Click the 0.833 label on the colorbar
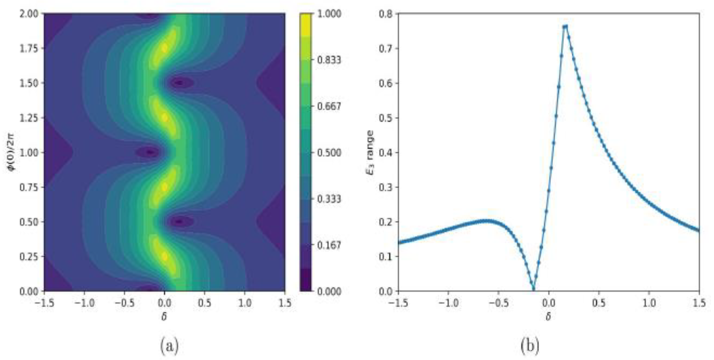[x=329, y=60]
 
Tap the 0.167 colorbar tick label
[x=329, y=245]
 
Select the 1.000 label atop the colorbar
[x=329, y=14]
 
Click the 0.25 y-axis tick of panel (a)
[x=29, y=257]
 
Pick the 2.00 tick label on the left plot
[x=29, y=14]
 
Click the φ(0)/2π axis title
[x=12, y=152]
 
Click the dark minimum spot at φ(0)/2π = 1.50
[x=180, y=83]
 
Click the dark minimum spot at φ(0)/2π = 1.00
[x=149, y=152]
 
